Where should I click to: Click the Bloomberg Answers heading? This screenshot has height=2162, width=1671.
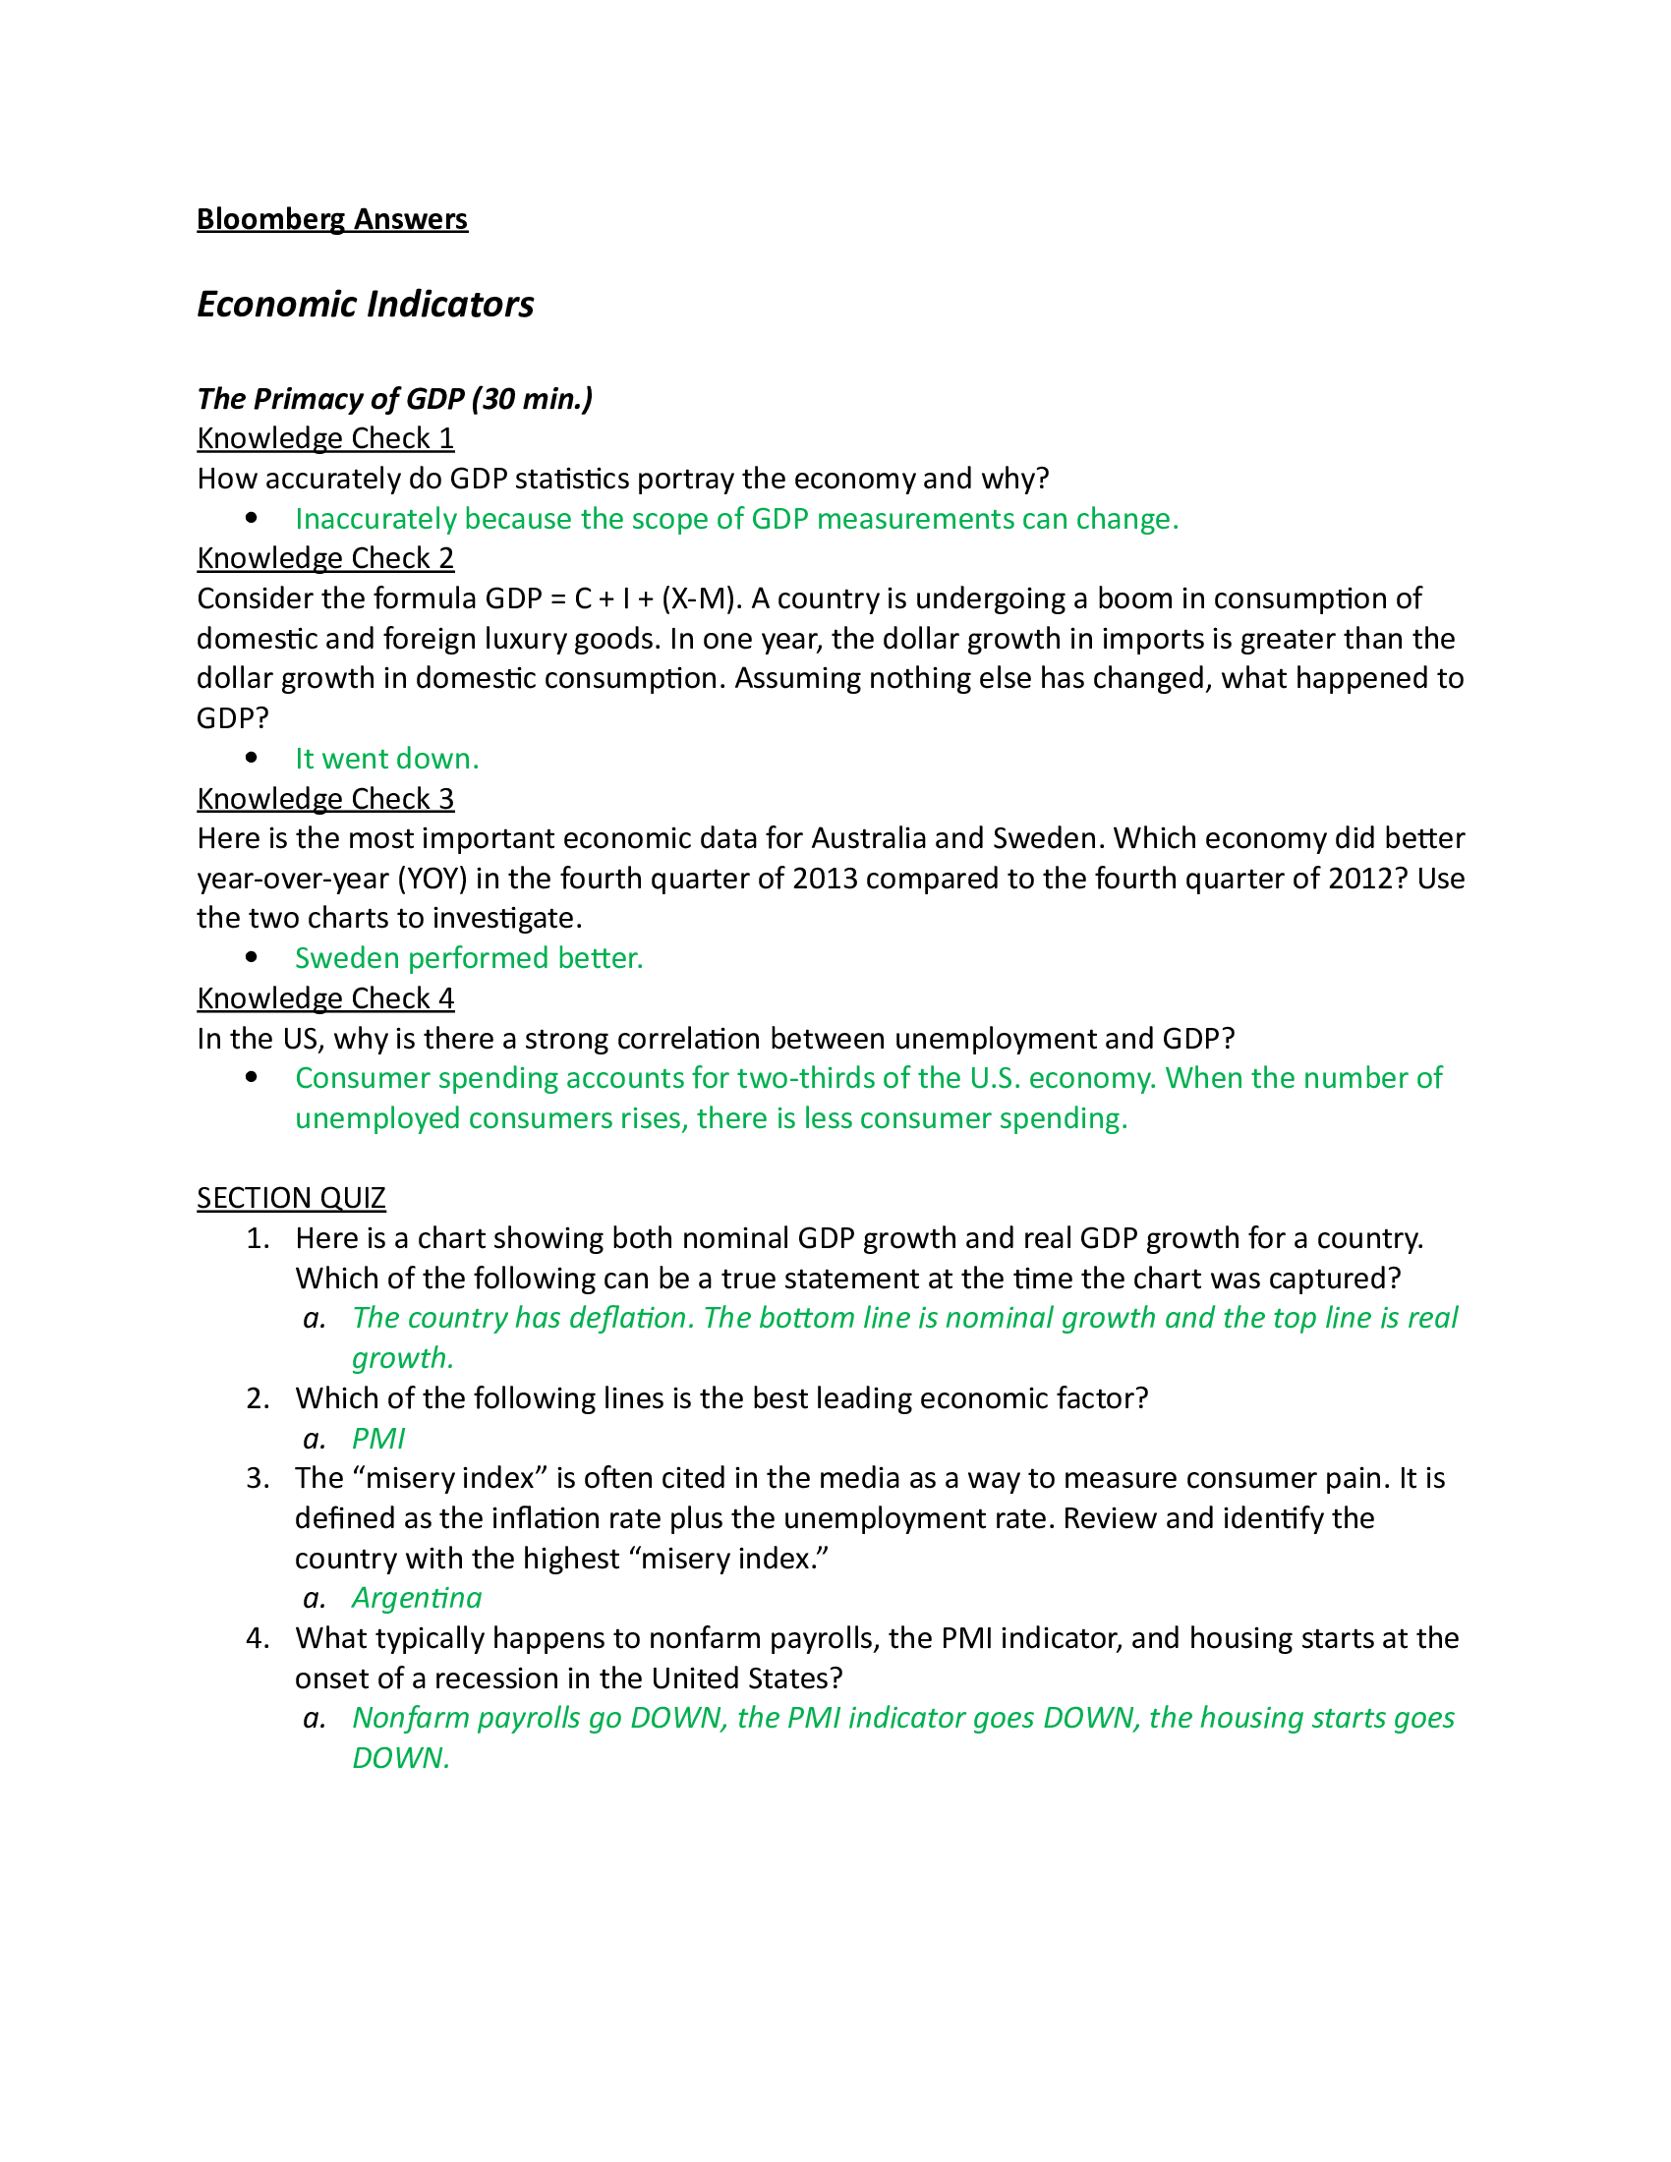[x=331, y=219]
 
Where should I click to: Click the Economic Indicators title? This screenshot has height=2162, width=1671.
[x=366, y=304]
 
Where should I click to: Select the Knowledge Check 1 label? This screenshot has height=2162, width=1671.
[x=324, y=438]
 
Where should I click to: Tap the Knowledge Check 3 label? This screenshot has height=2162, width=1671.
[x=324, y=798]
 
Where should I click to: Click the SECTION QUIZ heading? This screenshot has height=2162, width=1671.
[x=290, y=1198]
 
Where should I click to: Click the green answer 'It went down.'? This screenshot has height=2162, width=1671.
[x=386, y=759]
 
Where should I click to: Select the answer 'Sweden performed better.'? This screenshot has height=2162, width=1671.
[x=468, y=958]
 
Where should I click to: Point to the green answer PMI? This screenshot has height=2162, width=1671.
[x=378, y=1439]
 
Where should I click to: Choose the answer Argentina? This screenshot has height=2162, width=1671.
[x=417, y=1598]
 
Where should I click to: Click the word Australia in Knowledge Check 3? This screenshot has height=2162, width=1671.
[x=868, y=838]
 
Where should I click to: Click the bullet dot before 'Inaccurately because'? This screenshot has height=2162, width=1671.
[x=252, y=518]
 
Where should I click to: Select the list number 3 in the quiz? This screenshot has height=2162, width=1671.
[x=258, y=1478]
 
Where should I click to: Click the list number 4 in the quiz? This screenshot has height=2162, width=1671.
[x=258, y=1638]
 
